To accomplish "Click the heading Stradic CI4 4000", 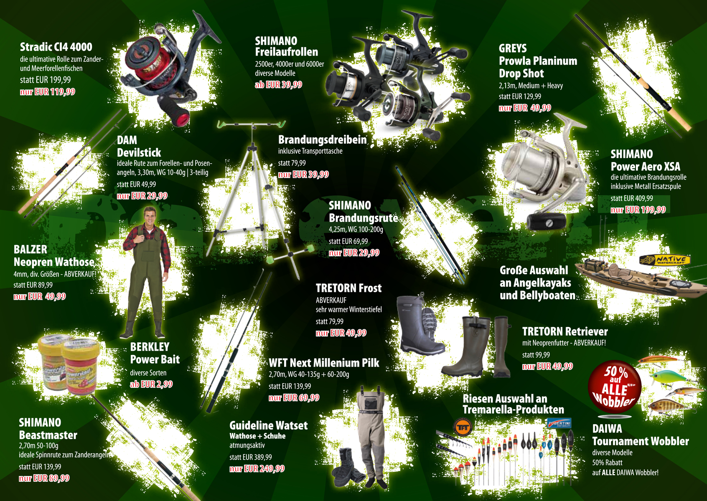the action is tap(56, 47).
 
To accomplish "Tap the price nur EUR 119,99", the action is tap(48, 92).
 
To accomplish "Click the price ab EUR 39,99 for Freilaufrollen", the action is tap(279, 84).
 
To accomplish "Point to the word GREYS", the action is tap(513, 48).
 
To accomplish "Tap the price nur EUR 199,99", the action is tap(638, 210).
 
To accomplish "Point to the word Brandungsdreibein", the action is tap(322, 140).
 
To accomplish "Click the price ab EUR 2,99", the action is tap(151, 384).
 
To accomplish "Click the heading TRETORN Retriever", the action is tap(565, 331).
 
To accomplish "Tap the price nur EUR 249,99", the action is tap(257, 469).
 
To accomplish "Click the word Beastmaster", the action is tap(48, 435).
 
